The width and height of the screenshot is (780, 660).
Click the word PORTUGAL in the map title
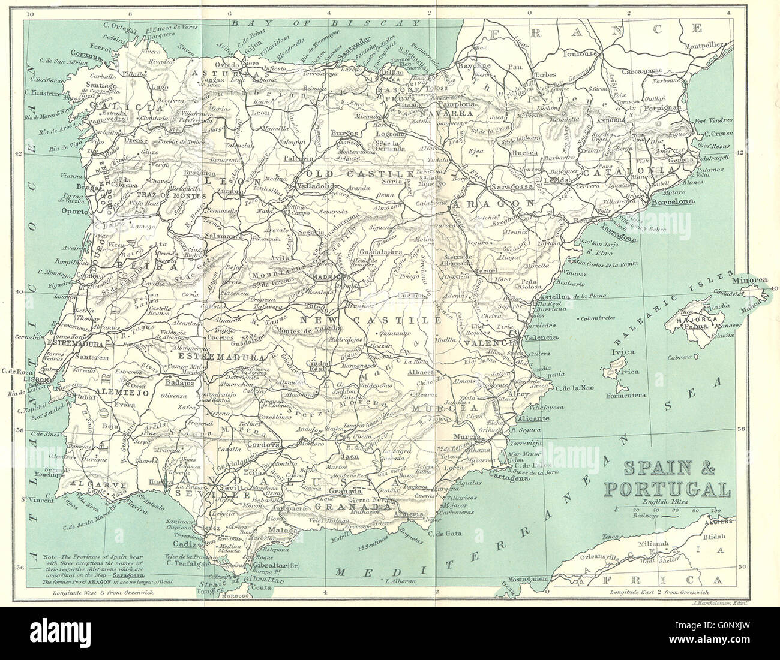pos(667,489)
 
